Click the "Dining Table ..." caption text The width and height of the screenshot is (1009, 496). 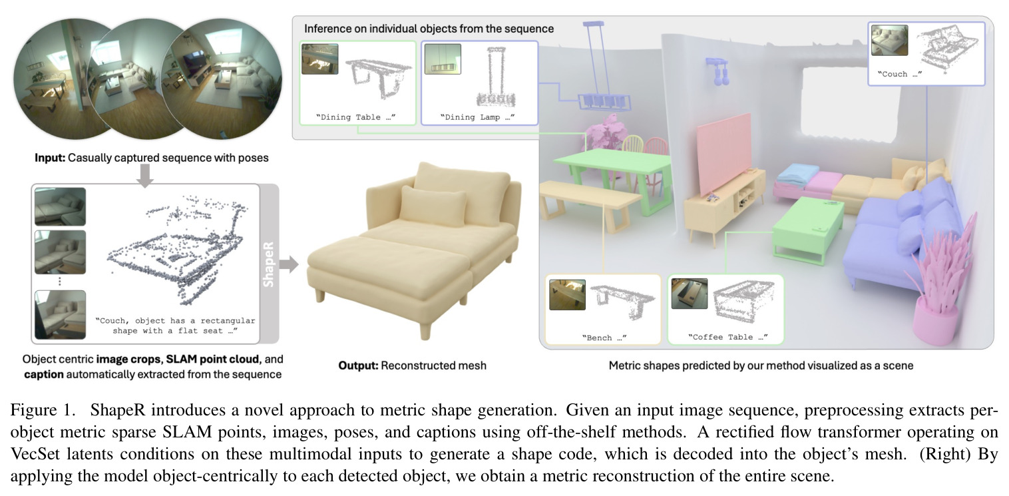click(356, 117)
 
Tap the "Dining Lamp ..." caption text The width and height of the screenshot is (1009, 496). click(477, 117)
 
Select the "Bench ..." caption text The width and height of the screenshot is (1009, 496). click(604, 338)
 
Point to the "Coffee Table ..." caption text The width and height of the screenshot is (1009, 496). click(727, 337)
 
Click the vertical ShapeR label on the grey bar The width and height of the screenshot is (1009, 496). click(268, 264)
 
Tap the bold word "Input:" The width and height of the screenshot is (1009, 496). click(50, 158)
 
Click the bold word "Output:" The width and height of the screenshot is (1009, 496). click(358, 366)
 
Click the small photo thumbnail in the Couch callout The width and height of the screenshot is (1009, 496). click(889, 40)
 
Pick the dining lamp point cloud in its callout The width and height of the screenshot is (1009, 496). click(495, 77)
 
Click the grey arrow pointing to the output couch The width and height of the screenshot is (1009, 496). click(289, 264)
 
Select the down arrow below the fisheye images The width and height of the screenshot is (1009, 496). click(145, 176)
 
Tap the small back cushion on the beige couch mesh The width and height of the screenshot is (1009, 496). click(433, 206)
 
